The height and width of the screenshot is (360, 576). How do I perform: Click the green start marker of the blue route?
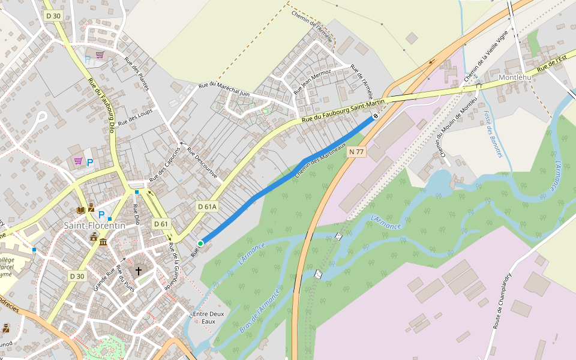tap(200, 243)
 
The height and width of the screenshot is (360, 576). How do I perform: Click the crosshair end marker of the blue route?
tap(376, 116)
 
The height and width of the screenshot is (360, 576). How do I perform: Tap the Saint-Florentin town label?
tap(95, 225)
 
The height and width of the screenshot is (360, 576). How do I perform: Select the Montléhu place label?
tap(515, 77)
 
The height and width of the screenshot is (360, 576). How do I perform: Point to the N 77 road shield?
tap(356, 152)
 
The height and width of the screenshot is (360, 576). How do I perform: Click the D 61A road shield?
tap(207, 206)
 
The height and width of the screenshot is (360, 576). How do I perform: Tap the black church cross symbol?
tap(139, 271)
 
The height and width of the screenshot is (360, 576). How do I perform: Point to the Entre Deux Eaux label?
tap(208, 317)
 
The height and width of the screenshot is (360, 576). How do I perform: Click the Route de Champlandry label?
tap(502, 301)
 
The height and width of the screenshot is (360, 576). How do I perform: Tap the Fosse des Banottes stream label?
tap(493, 134)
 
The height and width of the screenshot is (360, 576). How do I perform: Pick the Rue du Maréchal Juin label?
tap(224, 89)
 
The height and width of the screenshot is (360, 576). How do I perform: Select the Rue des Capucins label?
tap(164, 164)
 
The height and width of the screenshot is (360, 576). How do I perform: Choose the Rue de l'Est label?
tap(552, 63)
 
